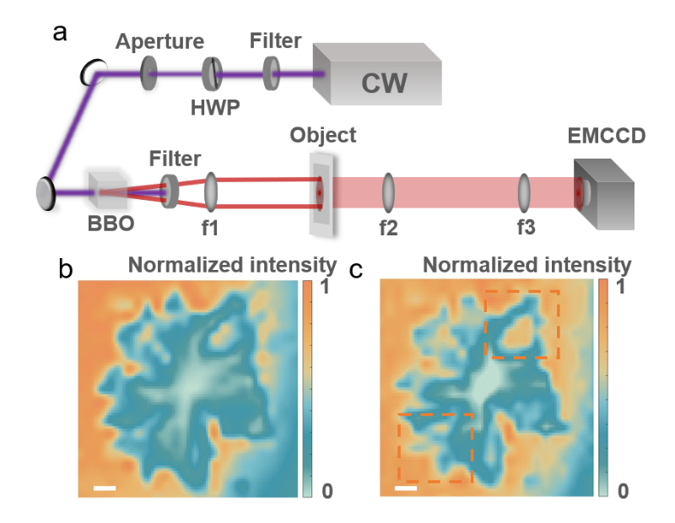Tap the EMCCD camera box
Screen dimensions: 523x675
tap(604, 192)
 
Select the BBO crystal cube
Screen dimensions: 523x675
tap(107, 193)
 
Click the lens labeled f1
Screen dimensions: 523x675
tap(211, 191)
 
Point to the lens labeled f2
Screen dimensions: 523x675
tap(389, 192)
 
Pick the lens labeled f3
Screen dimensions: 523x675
tap(524, 192)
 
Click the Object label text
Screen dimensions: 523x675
tap(323, 135)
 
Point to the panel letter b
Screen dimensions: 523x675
tap(65, 269)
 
